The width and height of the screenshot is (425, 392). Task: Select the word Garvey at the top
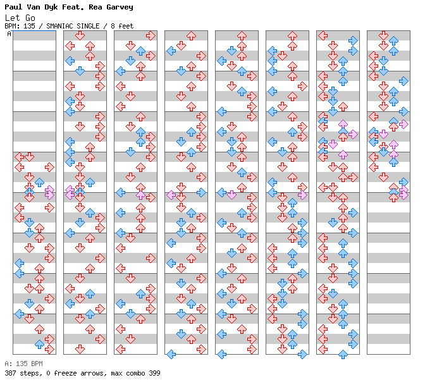(x=120, y=8)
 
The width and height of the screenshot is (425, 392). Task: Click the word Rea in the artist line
(x=95, y=7)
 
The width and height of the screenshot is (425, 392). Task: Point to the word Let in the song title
(x=12, y=18)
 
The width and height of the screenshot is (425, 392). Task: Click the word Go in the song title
(x=30, y=18)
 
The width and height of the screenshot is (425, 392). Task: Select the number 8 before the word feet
(x=113, y=26)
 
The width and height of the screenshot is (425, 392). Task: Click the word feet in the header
(x=126, y=26)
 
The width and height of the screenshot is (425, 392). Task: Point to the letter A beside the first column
(x=9, y=34)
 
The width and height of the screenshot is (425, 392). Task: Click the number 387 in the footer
(x=10, y=373)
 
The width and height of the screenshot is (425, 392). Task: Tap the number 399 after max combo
(x=154, y=373)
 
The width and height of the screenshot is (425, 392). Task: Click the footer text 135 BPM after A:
(x=29, y=364)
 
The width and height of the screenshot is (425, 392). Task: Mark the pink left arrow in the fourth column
(x=171, y=195)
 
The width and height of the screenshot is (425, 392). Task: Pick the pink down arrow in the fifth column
(x=231, y=195)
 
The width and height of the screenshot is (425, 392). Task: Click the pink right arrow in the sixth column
(x=302, y=195)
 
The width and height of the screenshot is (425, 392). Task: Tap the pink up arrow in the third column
(x=140, y=195)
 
